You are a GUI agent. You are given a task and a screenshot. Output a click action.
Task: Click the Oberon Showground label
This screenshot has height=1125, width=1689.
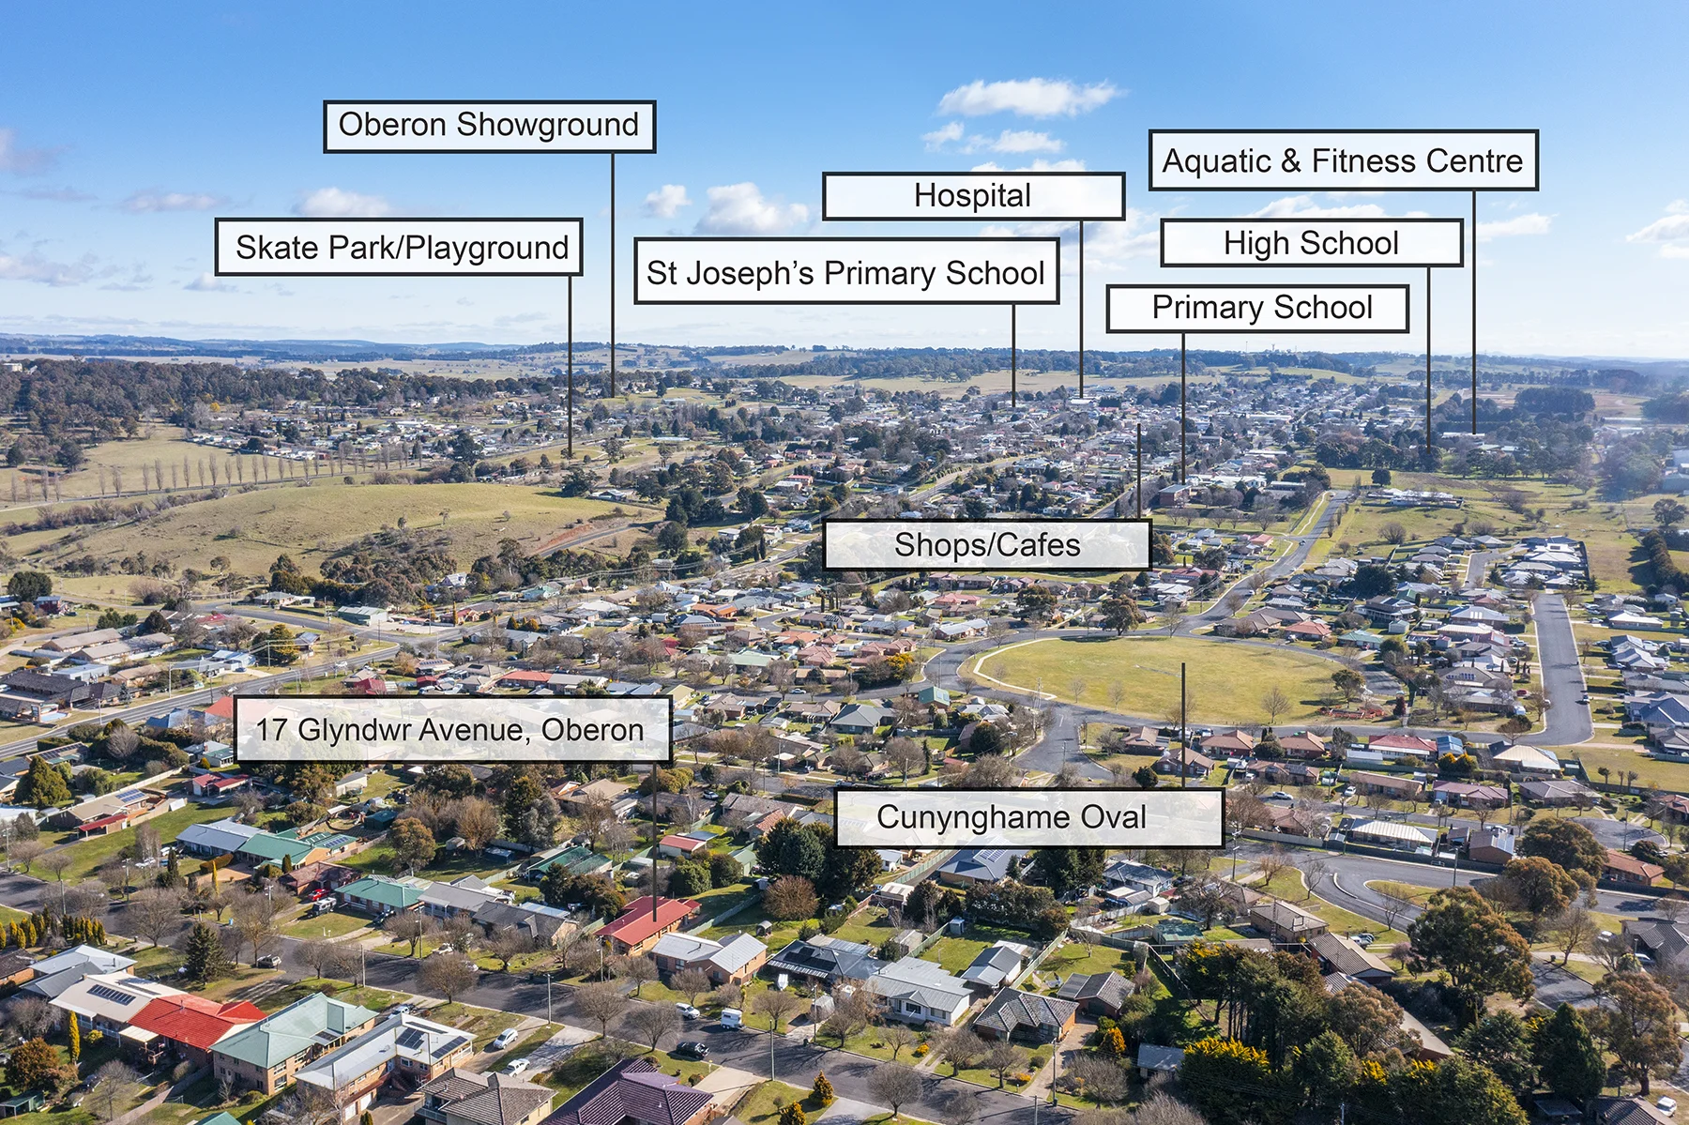[489, 127]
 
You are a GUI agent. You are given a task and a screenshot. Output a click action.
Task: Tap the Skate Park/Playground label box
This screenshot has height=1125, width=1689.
[399, 248]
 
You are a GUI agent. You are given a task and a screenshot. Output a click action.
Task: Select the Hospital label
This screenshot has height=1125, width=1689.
[973, 196]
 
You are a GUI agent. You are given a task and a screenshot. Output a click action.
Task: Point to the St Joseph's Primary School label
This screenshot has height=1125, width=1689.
[846, 271]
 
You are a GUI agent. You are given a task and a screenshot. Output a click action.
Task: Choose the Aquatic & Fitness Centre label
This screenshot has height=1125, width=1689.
[1343, 160]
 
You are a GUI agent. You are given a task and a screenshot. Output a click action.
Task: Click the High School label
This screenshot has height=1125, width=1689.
[1312, 243]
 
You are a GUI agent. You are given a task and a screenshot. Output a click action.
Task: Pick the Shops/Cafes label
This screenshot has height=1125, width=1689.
[987, 545]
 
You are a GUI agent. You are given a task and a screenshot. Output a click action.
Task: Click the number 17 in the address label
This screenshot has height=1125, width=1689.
[272, 729]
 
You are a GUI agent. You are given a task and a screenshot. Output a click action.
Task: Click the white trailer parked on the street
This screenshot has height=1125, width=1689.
[731, 1018]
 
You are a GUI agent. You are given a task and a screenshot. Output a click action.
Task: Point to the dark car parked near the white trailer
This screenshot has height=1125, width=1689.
[692, 1048]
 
